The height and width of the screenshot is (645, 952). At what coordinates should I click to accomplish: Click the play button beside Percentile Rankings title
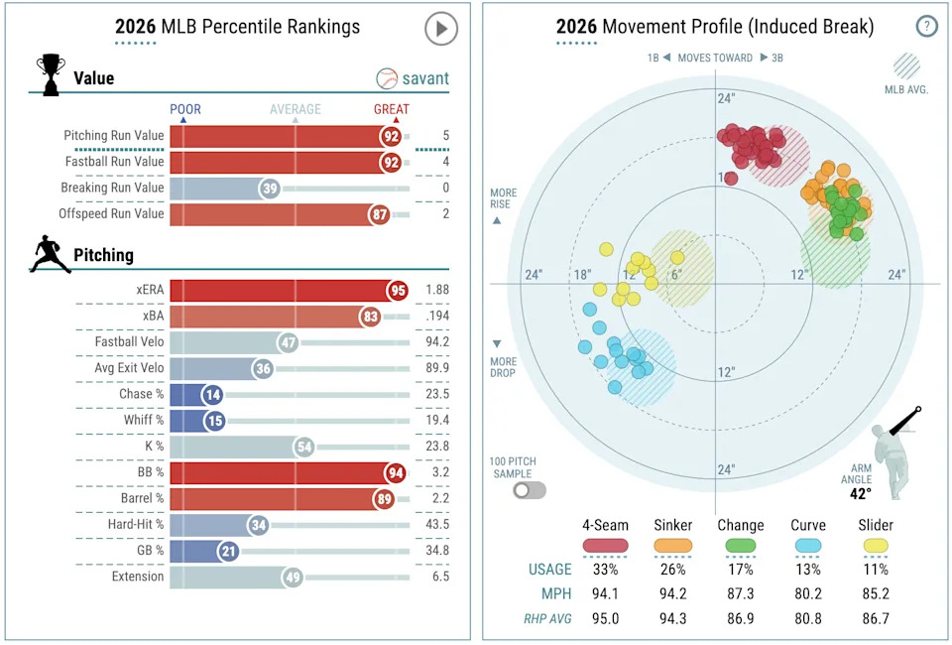coord(441,29)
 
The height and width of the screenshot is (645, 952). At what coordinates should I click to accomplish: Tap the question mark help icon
coord(926,27)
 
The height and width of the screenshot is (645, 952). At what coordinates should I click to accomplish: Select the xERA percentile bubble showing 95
coord(399,290)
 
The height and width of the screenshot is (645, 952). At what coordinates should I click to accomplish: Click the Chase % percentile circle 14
coord(212,395)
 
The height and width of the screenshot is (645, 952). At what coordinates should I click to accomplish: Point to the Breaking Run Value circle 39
coord(269,188)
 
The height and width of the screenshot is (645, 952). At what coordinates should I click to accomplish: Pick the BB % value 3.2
coord(439,472)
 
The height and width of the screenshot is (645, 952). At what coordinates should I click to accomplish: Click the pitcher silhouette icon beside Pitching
coord(50,255)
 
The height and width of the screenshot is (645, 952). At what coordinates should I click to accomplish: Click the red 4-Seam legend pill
coord(605,545)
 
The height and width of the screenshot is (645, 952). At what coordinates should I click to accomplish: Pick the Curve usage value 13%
coord(808,570)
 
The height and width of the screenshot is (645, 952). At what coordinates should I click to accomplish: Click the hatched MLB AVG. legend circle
coord(906,65)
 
